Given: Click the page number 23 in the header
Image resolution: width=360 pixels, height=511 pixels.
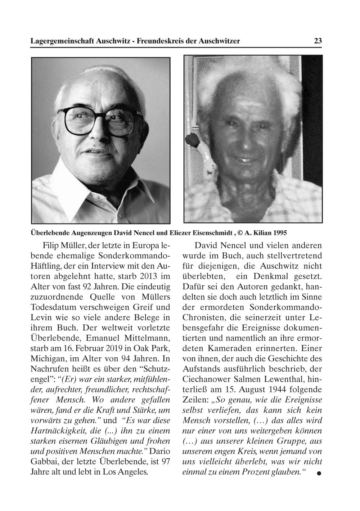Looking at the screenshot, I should (x=318, y=41).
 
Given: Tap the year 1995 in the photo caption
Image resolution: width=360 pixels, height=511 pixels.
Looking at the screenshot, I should (x=280, y=233).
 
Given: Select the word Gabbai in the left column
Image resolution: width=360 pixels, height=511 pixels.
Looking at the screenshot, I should (x=45, y=461).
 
